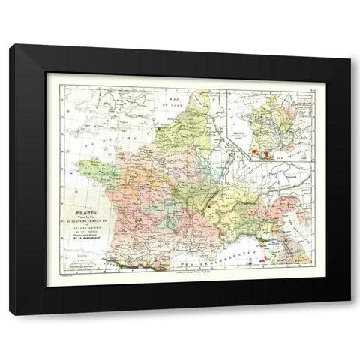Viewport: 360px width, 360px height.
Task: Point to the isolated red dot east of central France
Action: (x=217, y=200)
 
